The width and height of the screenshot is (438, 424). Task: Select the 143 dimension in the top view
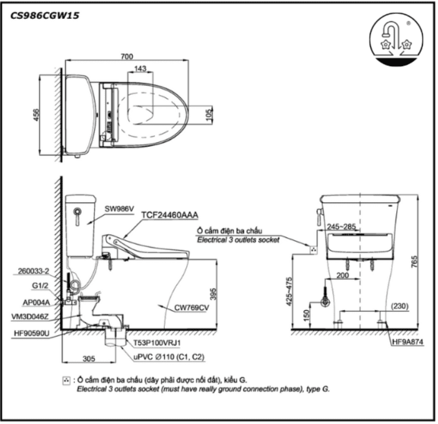pyautogui.click(x=139, y=69)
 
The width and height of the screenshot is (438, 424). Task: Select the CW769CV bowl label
pyautogui.click(x=192, y=308)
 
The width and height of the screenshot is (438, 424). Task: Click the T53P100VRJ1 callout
pyautogui.click(x=157, y=343)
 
